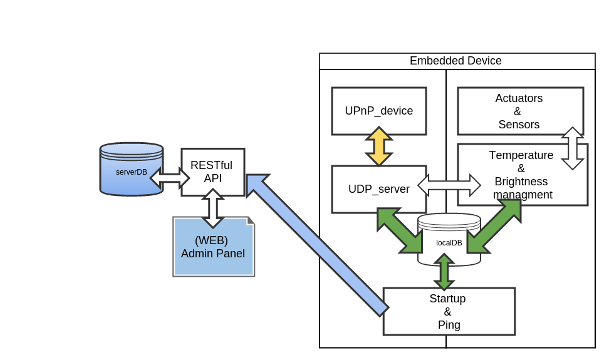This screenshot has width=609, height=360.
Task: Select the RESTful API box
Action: point(213,172)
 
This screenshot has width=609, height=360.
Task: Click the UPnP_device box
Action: point(378,111)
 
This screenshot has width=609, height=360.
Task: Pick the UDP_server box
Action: point(378,188)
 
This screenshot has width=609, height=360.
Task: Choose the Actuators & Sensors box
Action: point(519,111)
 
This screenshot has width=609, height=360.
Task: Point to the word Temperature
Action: point(521,155)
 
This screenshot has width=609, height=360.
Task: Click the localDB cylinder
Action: point(449,241)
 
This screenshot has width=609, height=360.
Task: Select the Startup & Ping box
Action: point(449,311)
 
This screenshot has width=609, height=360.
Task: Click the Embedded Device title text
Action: point(455,61)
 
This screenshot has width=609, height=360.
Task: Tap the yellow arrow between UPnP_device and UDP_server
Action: point(379,147)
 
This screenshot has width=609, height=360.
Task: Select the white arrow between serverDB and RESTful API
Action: point(170,178)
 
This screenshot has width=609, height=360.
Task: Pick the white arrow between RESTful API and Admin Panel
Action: point(212,208)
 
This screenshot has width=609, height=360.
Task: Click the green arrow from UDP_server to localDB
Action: point(400,230)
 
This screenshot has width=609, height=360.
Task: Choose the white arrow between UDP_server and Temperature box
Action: point(449,185)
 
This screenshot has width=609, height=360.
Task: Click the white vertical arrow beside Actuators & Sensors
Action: point(572,148)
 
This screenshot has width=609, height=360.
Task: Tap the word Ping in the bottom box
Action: point(449,325)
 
